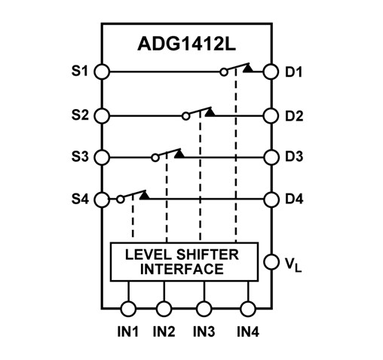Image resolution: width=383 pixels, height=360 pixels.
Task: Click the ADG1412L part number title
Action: [x=185, y=43]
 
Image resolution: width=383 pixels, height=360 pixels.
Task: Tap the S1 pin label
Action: [x=78, y=72]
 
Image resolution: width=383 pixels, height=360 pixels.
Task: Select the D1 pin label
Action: [x=294, y=72]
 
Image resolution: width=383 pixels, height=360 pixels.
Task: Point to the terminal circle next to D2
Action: [x=270, y=116]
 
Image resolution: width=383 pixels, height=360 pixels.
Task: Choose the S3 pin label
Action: [x=78, y=157]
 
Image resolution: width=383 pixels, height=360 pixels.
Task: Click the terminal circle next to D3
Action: [x=270, y=157]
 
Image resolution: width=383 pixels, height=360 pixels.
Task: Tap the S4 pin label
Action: [x=78, y=200]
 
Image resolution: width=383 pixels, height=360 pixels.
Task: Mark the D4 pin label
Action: [x=294, y=200]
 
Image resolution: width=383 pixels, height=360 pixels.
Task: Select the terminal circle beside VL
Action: [x=270, y=263]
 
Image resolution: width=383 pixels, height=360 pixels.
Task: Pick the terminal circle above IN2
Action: [x=165, y=308]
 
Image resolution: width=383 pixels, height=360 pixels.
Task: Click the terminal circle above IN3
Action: [x=204, y=308]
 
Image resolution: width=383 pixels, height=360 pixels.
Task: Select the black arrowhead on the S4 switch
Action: [x=143, y=195]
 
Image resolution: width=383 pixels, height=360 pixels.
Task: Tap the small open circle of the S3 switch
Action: [x=155, y=158]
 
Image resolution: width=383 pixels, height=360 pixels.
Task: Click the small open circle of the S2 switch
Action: [x=185, y=117]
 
